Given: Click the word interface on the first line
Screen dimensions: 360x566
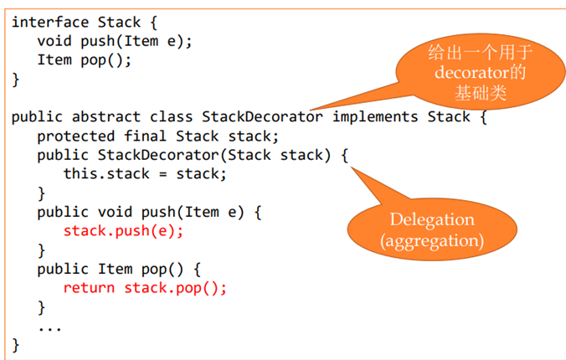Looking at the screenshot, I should tap(46, 21).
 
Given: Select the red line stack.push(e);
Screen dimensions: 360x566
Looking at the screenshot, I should tap(123, 231).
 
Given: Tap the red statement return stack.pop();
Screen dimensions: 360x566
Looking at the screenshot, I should tap(145, 288).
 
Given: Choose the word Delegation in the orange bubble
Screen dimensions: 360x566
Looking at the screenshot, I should tap(431, 220).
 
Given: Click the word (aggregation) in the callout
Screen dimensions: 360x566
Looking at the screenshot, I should tap(431, 241).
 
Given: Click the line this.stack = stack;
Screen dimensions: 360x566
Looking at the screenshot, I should tap(145, 174).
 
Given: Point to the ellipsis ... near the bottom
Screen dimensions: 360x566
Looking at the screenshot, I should tap(50, 327).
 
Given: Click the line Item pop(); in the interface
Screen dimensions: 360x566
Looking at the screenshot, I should tap(85, 59).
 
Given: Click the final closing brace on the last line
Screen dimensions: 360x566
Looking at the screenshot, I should tap(16, 345).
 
